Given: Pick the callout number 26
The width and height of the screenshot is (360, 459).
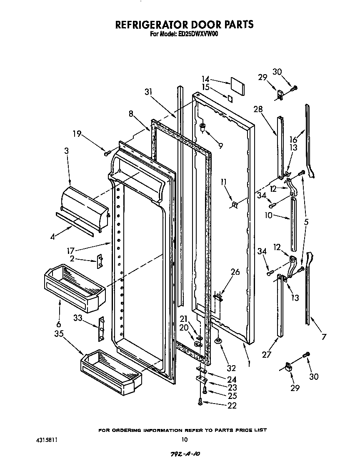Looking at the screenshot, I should (235, 272).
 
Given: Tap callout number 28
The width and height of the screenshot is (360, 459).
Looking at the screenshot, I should (258, 109).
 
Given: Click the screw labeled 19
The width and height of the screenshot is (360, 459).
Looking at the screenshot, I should (107, 154).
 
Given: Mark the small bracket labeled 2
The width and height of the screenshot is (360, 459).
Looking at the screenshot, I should (100, 262).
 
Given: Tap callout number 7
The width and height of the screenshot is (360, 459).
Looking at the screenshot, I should (323, 337).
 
